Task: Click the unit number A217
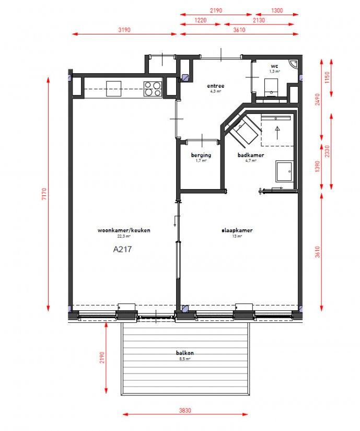pyautogui.click(x=122, y=249)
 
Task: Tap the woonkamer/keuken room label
pyautogui.click(x=124, y=230)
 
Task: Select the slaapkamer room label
pyautogui.click(x=237, y=230)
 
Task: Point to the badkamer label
pyautogui.click(x=251, y=155)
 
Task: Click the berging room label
pyautogui.click(x=201, y=155)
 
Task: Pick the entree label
pyautogui.click(x=216, y=86)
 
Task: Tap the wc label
pyautogui.click(x=274, y=66)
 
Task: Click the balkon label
pyautogui.click(x=185, y=353)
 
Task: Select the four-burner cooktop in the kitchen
pyautogui.click(x=153, y=89)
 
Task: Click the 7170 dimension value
pyautogui.click(x=44, y=194)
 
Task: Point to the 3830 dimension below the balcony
pyautogui.click(x=185, y=411)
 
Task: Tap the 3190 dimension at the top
pyautogui.click(x=124, y=30)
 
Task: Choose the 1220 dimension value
pyautogui.click(x=200, y=20)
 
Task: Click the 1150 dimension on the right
pyautogui.click(x=327, y=77)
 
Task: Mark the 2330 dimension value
pyautogui.click(x=327, y=151)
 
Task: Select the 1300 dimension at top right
pyautogui.click(x=277, y=10)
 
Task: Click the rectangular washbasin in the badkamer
pyautogui.click(x=284, y=172)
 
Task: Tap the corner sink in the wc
pyautogui.click(x=294, y=64)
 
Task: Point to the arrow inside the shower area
pyautogui.click(x=277, y=133)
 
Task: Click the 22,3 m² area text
pyautogui.click(x=124, y=236)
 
